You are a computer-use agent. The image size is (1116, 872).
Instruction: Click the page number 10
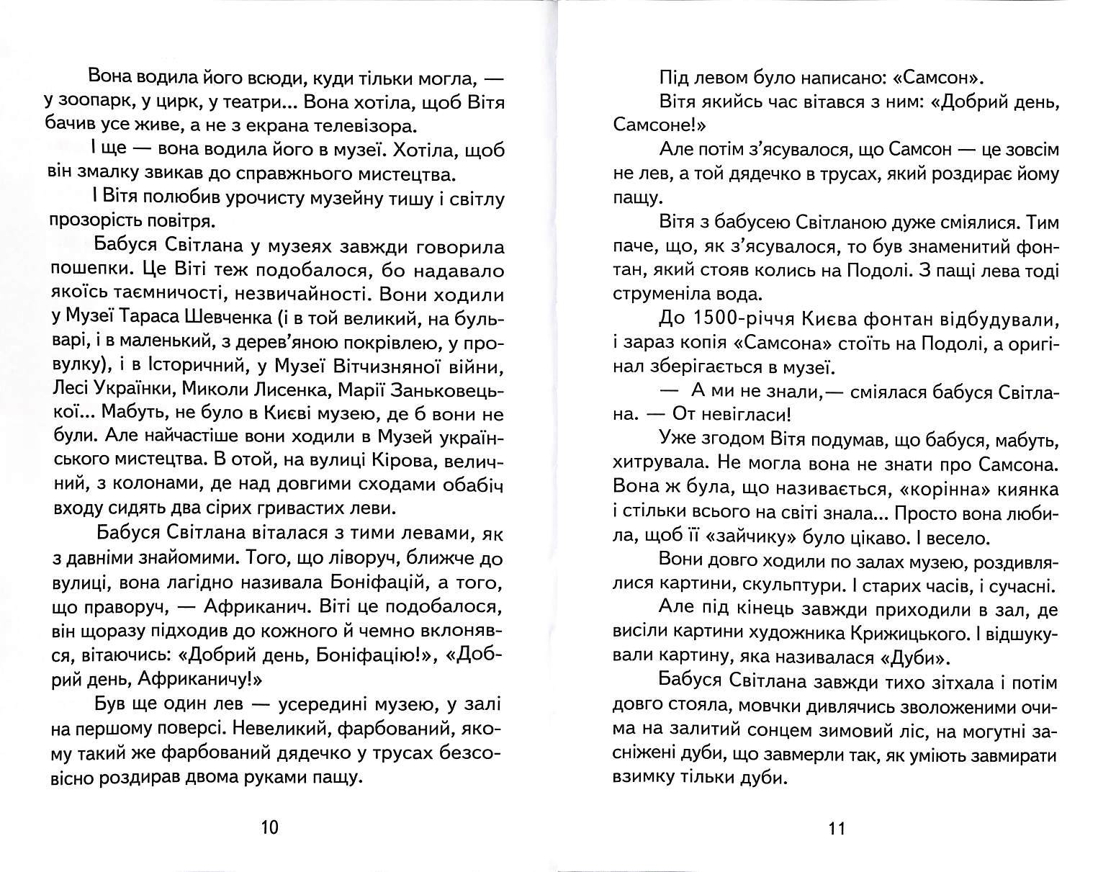[268, 827]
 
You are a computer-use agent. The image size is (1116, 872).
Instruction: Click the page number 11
[835, 828]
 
